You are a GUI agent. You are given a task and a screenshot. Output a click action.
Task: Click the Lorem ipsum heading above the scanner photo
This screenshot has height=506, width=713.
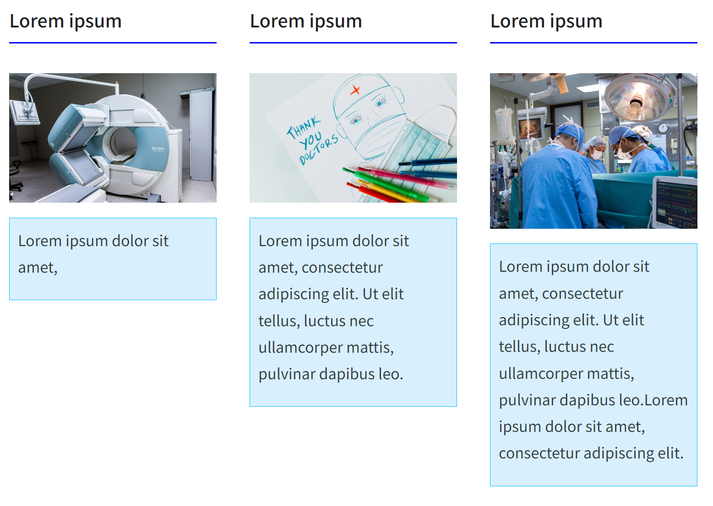pyautogui.click(x=65, y=22)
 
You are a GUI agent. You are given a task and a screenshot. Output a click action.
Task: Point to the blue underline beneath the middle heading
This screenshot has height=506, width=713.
pyautogui.click(x=353, y=43)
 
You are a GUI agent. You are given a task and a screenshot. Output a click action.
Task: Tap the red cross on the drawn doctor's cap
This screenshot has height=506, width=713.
pyautogui.click(x=355, y=90)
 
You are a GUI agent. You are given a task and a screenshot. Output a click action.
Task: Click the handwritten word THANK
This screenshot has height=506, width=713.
pyautogui.click(x=303, y=127)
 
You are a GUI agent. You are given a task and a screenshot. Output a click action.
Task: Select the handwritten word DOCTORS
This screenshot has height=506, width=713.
pyautogui.click(x=318, y=149)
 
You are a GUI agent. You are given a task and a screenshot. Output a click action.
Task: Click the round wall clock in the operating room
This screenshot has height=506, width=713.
pyautogui.click(x=663, y=128)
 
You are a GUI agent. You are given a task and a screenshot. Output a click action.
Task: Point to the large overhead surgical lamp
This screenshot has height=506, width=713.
pyautogui.click(x=637, y=98)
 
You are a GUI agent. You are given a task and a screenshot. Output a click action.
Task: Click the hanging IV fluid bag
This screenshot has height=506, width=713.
pyautogui.click(x=505, y=126)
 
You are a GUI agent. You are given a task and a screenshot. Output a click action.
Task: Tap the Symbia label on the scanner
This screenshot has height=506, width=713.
pyautogui.click(x=158, y=149)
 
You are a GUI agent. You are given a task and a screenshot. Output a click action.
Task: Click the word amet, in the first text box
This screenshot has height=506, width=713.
pyautogui.click(x=38, y=268)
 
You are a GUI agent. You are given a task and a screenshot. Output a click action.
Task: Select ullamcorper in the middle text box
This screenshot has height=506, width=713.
pyautogui.click(x=300, y=348)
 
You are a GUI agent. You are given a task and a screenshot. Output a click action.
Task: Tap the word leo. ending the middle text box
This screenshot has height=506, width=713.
pyautogui.click(x=391, y=374)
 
